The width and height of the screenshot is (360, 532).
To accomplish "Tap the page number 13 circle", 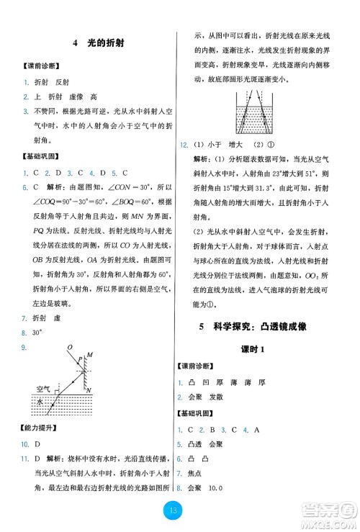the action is point(179,511).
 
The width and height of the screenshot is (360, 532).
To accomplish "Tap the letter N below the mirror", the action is point(89,389).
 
